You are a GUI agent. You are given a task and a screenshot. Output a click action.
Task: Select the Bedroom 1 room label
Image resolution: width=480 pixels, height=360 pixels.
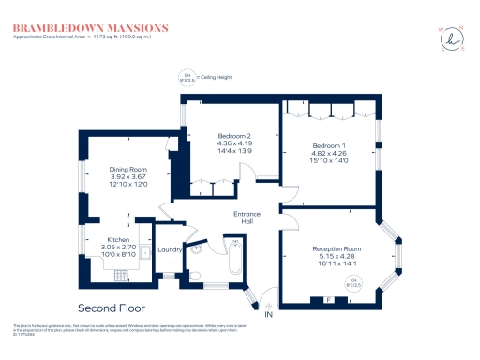329,147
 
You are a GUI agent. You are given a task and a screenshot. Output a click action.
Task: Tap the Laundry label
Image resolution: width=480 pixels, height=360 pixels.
169,249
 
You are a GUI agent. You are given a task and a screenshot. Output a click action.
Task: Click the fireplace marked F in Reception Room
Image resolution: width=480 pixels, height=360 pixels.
328,299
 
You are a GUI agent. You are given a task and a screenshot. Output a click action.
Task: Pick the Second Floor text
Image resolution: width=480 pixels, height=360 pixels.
112,307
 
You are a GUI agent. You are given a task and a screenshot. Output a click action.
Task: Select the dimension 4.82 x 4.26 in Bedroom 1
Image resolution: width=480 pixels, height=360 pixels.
329,155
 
